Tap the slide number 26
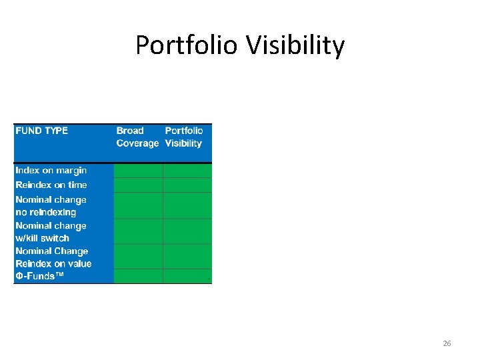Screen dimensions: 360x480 [x=447, y=343]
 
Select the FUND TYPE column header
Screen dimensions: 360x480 [x=42, y=131]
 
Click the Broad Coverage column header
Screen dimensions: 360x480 [x=137, y=137]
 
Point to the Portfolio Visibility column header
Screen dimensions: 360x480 [x=184, y=137]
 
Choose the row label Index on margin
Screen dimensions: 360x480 [x=51, y=170]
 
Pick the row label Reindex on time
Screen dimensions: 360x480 [x=51, y=185]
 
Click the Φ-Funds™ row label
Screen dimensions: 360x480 [x=40, y=276]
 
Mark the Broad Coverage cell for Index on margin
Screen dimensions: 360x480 [x=138, y=170]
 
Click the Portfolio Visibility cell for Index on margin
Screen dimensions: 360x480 [x=187, y=170]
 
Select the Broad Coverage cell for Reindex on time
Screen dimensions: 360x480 [x=138, y=185]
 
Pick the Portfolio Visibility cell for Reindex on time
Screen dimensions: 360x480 [x=187, y=185]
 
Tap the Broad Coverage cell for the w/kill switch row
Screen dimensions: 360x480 [x=138, y=231]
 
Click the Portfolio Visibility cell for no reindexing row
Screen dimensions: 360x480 [x=187, y=206]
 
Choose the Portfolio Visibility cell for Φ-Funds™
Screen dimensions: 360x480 [x=187, y=276]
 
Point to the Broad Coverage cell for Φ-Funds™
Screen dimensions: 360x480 [x=138, y=276]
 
